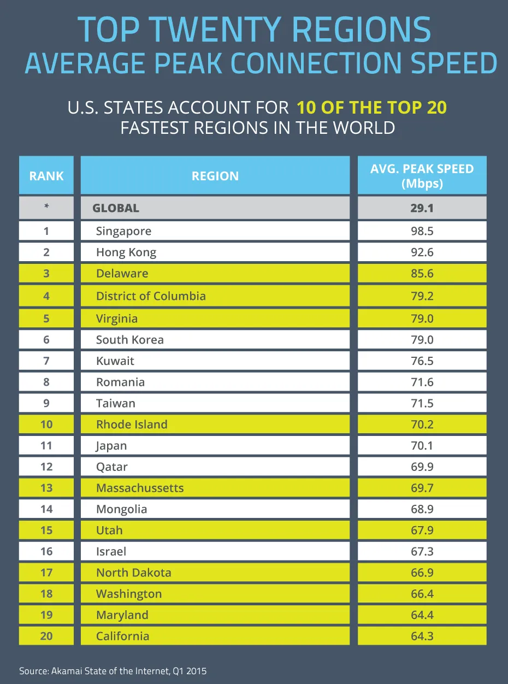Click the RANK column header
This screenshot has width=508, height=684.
tap(46, 176)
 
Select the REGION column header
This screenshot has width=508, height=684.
tap(215, 176)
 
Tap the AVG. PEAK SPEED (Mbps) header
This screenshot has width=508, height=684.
tap(422, 176)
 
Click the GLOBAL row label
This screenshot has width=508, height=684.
tap(116, 208)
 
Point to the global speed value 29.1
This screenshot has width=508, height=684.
tap(422, 208)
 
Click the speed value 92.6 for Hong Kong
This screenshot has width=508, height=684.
tap(422, 252)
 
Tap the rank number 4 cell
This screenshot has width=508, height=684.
tap(46, 296)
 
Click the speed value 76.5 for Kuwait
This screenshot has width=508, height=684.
tap(422, 361)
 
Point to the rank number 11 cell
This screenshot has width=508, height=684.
tap(46, 446)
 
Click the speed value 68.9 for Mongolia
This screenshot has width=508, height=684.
tap(422, 509)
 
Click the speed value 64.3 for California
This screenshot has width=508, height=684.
tap(422, 636)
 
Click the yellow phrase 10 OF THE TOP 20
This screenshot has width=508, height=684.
tap(371, 107)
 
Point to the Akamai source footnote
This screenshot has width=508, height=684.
tap(113, 671)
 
